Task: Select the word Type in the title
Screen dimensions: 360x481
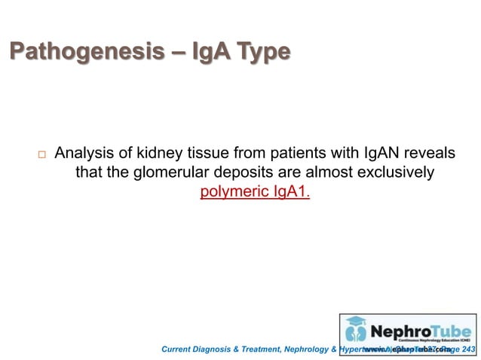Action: point(262,52)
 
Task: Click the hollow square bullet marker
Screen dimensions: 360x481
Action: point(41,154)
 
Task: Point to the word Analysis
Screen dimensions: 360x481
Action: point(84,154)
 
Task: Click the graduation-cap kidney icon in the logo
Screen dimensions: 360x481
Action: point(356,330)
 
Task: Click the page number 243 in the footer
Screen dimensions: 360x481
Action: point(468,349)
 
